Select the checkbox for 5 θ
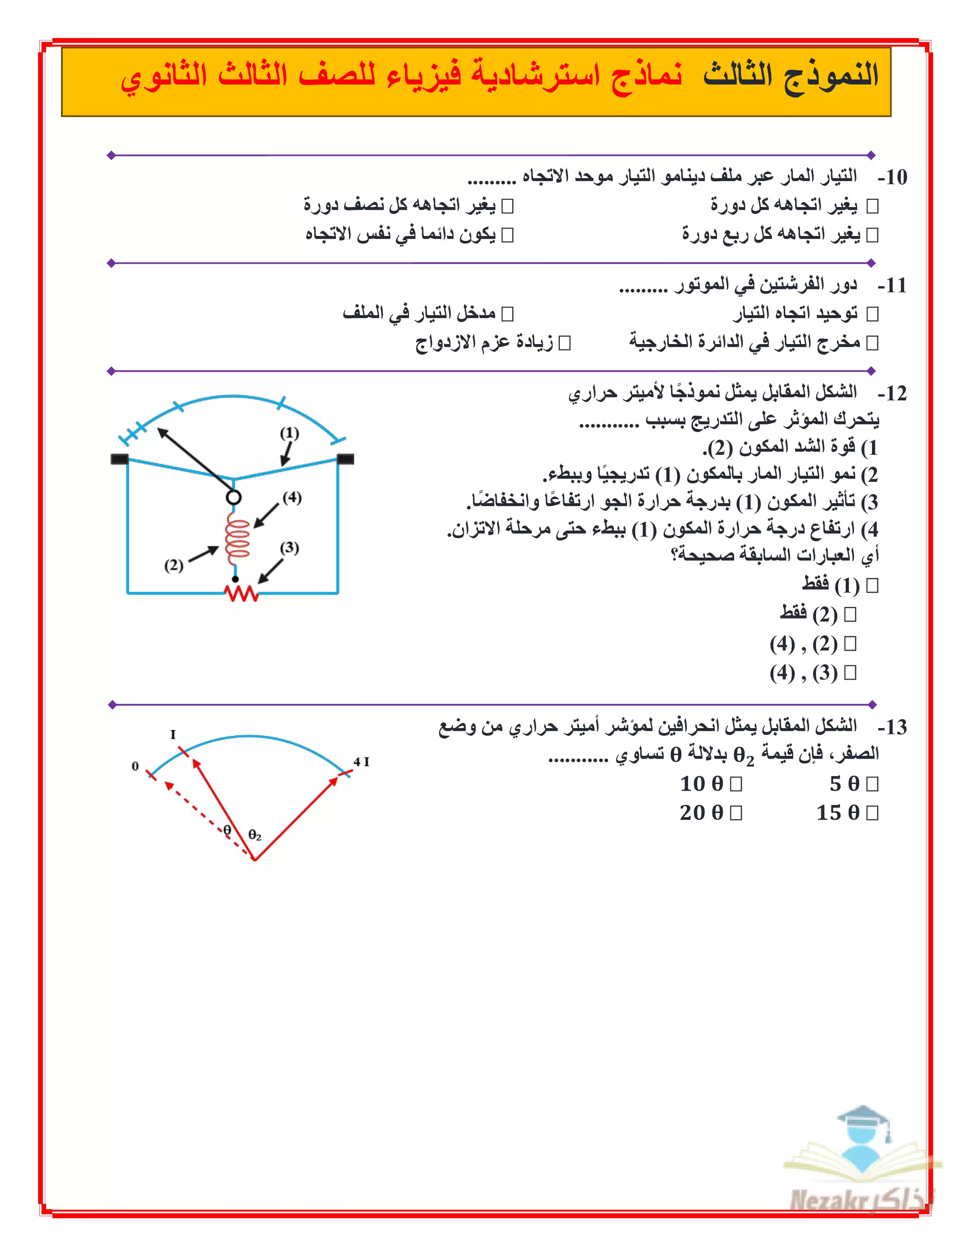click(x=872, y=784)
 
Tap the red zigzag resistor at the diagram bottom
click(x=241, y=593)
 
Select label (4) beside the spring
click(x=292, y=497)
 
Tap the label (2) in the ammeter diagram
click(x=174, y=565)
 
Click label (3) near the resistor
click(x=289, y=547)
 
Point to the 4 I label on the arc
click(x=361, y=762)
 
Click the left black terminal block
click(x=119, y=459)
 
